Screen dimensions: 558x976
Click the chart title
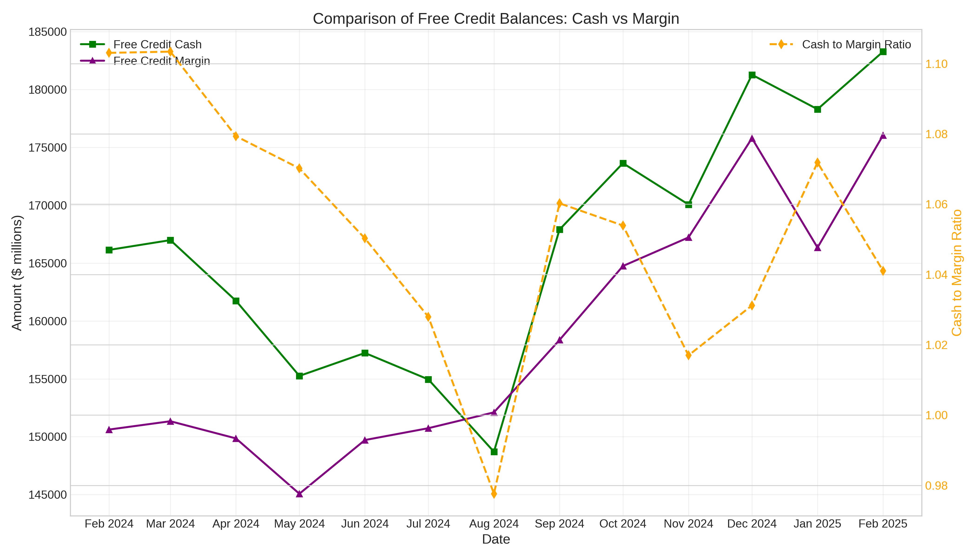coord(496,19)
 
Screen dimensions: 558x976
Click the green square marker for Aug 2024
coord(494,452)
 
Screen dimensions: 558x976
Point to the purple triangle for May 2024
coord(300,494)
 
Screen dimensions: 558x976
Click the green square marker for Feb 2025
coord(883,52)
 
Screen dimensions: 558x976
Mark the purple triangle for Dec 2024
coord(752,139)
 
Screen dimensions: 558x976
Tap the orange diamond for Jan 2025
coord(818,163)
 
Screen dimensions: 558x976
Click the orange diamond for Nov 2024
coord(688,355)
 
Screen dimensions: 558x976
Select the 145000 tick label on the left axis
coord(47,495)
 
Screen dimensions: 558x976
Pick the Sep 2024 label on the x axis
coord(559,524)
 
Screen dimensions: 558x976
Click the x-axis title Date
coord(496,539)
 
